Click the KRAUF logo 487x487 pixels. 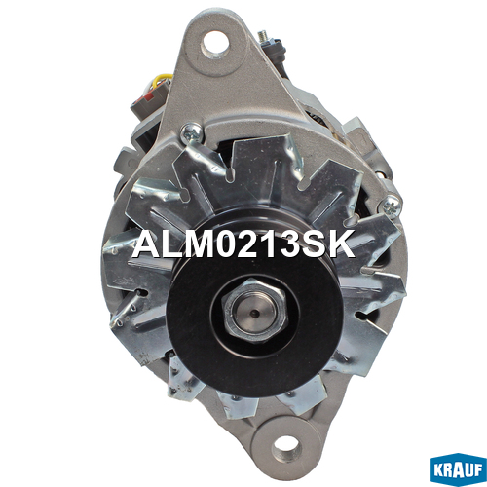(x=458, y=469)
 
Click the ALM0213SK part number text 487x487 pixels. (x=243, y=243)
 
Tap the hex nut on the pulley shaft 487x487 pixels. (x=254, y=311)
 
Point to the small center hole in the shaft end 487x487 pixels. (x=256, y=314)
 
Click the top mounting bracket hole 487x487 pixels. (x=214, y=45)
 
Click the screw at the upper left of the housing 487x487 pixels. (x=192, y=133)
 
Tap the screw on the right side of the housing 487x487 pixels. (x=392, y=206)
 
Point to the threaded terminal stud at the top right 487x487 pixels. (x=264, y=36)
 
